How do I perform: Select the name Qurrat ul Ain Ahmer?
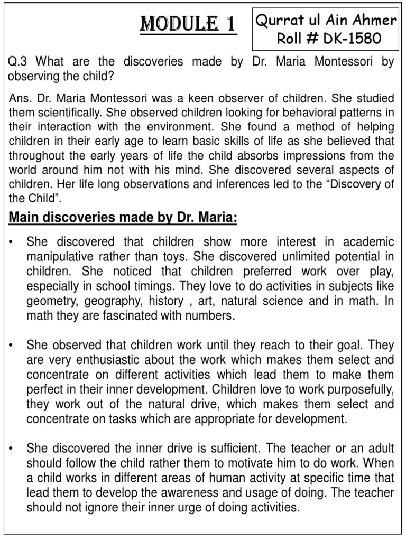click(x=326, y=21)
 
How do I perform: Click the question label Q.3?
click(x=19, y=62)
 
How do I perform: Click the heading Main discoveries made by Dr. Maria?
click(x=122, y=218)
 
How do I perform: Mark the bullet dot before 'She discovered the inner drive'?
click(x=11, y=449)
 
